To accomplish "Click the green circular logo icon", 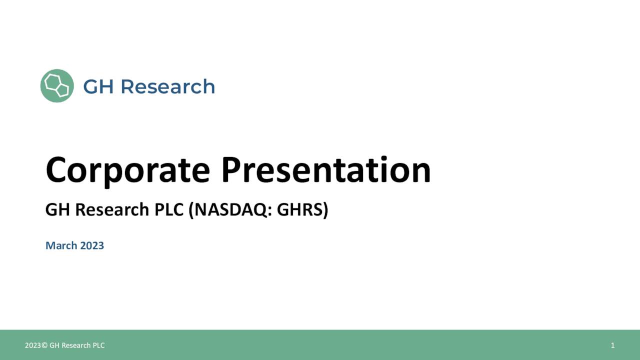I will [x=57, y=86].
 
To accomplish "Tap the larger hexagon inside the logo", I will [x=52, y=82].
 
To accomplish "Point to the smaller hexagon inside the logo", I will [x=62, y=90].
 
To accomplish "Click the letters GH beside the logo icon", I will [x=98, y=86].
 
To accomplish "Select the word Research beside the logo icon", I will [x=167, y=86].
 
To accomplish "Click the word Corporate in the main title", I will [x=127, y=170].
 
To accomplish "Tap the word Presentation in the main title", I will [x=325, y=170].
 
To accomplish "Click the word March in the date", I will [x=61, y=245].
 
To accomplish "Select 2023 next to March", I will [x=91, y=245].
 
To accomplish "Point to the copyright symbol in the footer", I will [x=44, y=345].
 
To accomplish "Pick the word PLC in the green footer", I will [x=98, y=345].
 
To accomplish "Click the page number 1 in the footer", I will [x=612, y=345].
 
